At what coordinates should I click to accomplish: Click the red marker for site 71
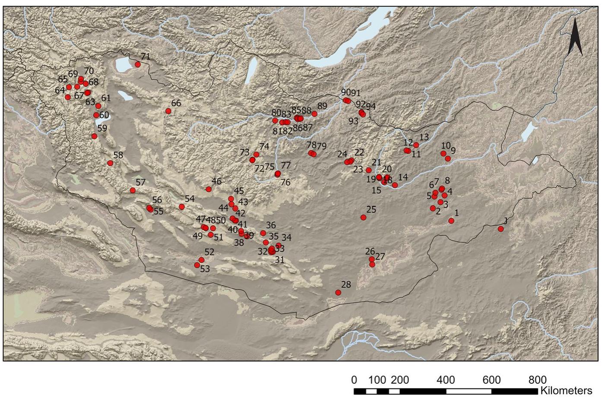tap(138, 64)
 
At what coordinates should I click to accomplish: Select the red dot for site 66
tap(168, 111)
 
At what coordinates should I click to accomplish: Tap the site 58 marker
tap(110, 163)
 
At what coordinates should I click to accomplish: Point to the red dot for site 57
tap(133, 190)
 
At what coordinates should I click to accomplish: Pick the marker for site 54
tap(182, 207)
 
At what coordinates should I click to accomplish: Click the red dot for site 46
tap(209, 189)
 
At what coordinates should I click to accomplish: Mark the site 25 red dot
tap(363, 218)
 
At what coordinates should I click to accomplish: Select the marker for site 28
tap(338, 293)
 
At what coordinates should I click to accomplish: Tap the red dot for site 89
tap(314, 114)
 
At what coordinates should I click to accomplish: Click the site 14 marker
tap(395, 185)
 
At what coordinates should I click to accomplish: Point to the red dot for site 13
tap(416, 145)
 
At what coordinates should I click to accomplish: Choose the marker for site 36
tap(263, 233)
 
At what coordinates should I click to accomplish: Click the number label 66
tap(176, 103)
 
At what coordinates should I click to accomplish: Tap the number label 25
tap(371, 209)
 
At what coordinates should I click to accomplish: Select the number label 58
tap(118, 155)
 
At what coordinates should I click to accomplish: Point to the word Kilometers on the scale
tap(566, 391)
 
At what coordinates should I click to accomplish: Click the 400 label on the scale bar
tap(446, 380)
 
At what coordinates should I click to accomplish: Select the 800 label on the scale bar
tap(537, 380)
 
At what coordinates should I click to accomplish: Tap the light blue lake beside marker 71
tap(123, 65)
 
